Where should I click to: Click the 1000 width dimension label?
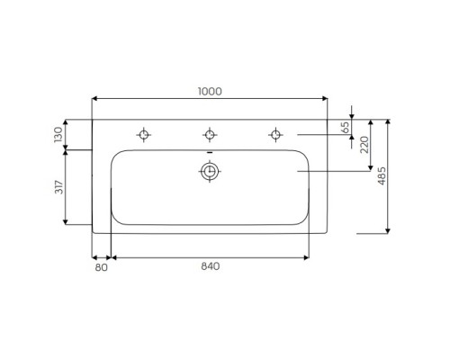210,92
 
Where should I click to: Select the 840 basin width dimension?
210,266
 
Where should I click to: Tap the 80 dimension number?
101,266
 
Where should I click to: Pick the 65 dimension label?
345,127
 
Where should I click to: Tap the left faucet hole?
143,135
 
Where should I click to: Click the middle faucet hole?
209,135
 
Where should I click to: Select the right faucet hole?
274,135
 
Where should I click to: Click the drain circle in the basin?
209,172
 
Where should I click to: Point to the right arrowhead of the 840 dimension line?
308,256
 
